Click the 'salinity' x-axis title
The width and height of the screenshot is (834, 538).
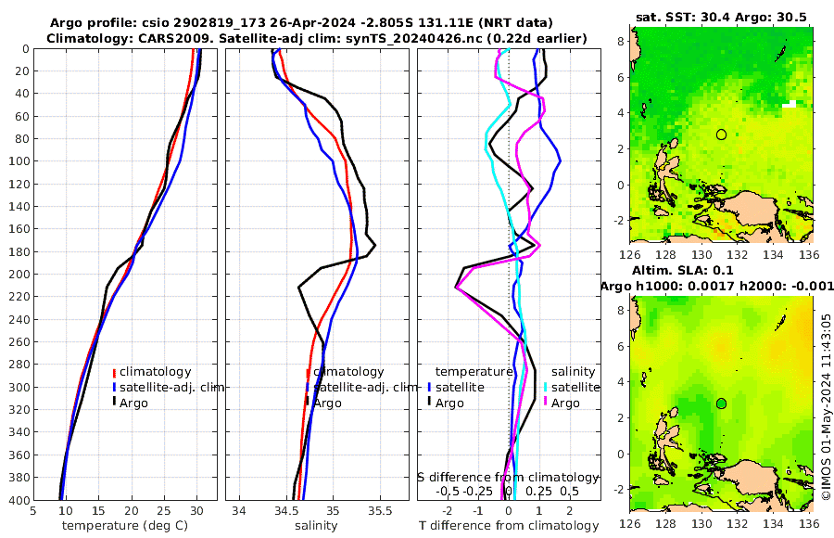click(x=316, y=526)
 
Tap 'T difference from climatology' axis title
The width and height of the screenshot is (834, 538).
click(x=510, y=526)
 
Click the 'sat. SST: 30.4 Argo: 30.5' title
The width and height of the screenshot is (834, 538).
click(x=722, y=17)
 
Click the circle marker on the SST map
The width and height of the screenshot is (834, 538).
click(x=721, y=134)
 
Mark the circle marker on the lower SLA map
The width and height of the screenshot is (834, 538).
click(x=721, y=403)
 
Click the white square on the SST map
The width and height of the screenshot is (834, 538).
click(x=790, y=105)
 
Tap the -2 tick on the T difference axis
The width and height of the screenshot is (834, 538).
click(x=448, y=510)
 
